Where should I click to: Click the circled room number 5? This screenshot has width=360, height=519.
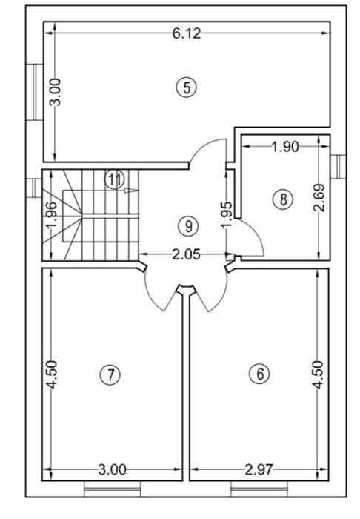[187, 88]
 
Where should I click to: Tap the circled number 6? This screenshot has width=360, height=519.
[260, 374]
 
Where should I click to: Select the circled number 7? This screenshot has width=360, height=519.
[111, 375]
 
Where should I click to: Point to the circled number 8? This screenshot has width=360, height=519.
[283, 199]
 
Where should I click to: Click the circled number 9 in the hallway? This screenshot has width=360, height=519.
[188, 226]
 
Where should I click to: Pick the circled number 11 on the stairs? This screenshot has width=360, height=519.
[114, 179]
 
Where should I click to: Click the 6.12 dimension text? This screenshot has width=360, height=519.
[187, 33]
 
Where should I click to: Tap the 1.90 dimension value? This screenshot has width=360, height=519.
[285, 147]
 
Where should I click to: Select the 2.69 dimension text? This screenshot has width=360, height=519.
[319, 198]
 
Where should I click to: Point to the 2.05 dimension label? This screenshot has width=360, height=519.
[187, 254]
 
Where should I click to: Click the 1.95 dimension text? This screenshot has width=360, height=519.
[227, 215]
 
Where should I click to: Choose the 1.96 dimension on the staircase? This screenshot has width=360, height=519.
[52, 215]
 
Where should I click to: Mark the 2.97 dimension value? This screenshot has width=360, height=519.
[259, 469]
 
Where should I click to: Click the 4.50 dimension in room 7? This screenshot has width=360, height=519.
[52, 374]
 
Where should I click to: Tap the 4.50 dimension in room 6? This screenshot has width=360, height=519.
[319, 374]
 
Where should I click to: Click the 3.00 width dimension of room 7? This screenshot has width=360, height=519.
[113, 469]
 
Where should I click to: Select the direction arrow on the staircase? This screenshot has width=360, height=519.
[130, 190]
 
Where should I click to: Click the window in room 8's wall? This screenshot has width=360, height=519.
[338, 167]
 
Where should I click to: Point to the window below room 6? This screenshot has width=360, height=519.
[259, 489]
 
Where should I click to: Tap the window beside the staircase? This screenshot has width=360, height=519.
[34, 188]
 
